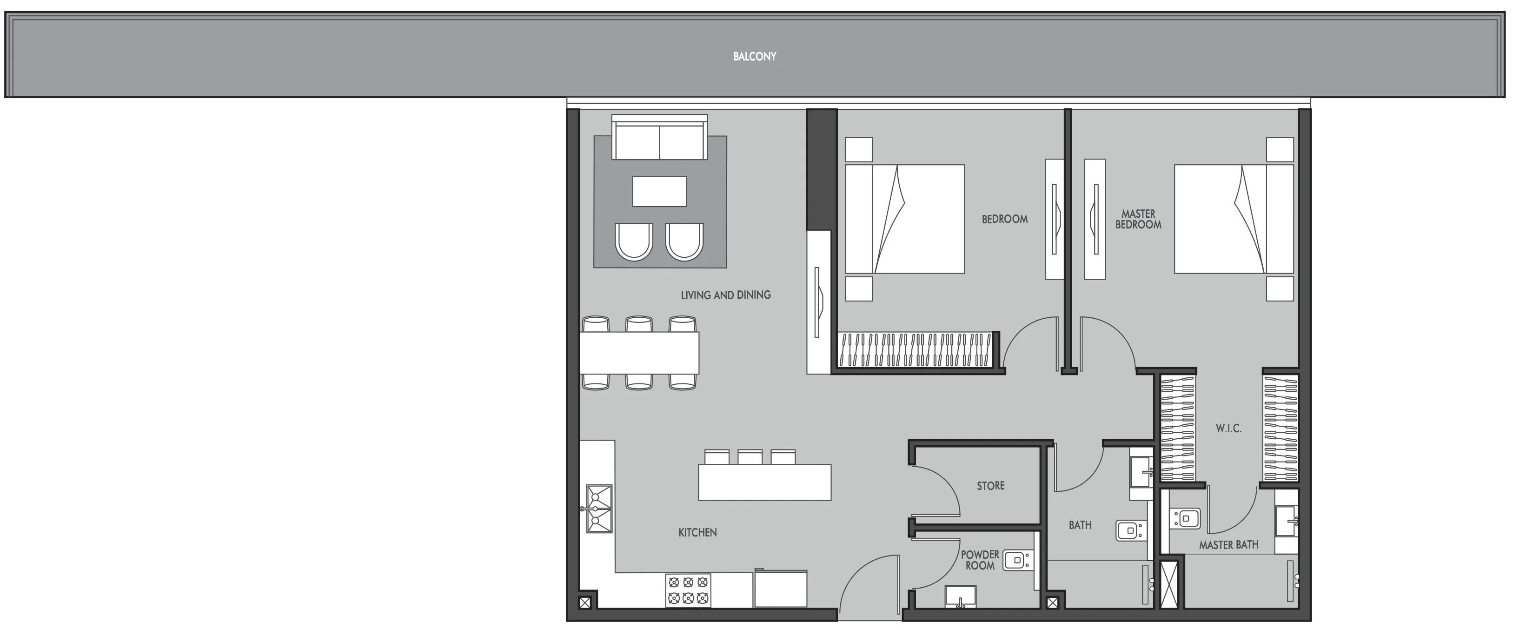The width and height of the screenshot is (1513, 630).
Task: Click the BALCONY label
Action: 754,56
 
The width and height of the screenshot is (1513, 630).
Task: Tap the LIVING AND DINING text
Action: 725,295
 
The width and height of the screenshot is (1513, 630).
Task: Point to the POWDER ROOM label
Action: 980,560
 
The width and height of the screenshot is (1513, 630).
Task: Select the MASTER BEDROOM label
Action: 1138,219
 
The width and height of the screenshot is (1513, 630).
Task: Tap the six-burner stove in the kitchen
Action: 688,590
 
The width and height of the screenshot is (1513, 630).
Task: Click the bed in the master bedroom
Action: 1234,219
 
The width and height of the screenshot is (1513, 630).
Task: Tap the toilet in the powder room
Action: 1017,560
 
